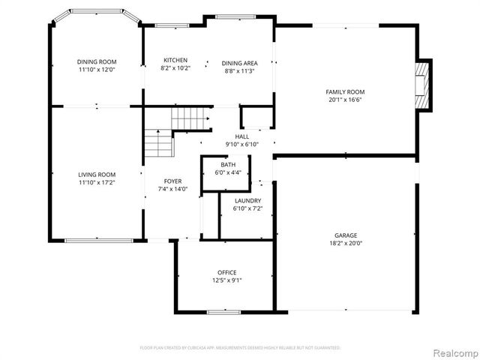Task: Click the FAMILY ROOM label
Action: point(346,91)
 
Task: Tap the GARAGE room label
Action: point(346,235)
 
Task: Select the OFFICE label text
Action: point(227,272)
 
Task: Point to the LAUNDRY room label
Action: point(247,200)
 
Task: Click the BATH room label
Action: point(227,165)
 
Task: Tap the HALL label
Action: point(241,136)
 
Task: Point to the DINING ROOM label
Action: point(97,61)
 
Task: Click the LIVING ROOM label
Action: point(97,174)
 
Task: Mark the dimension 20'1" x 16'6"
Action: point(346,100)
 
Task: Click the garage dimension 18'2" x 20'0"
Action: point(346,243)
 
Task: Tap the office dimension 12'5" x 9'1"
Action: point(227,280)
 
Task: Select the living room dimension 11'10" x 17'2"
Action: point(97,182)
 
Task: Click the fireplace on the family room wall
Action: point(424,85)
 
